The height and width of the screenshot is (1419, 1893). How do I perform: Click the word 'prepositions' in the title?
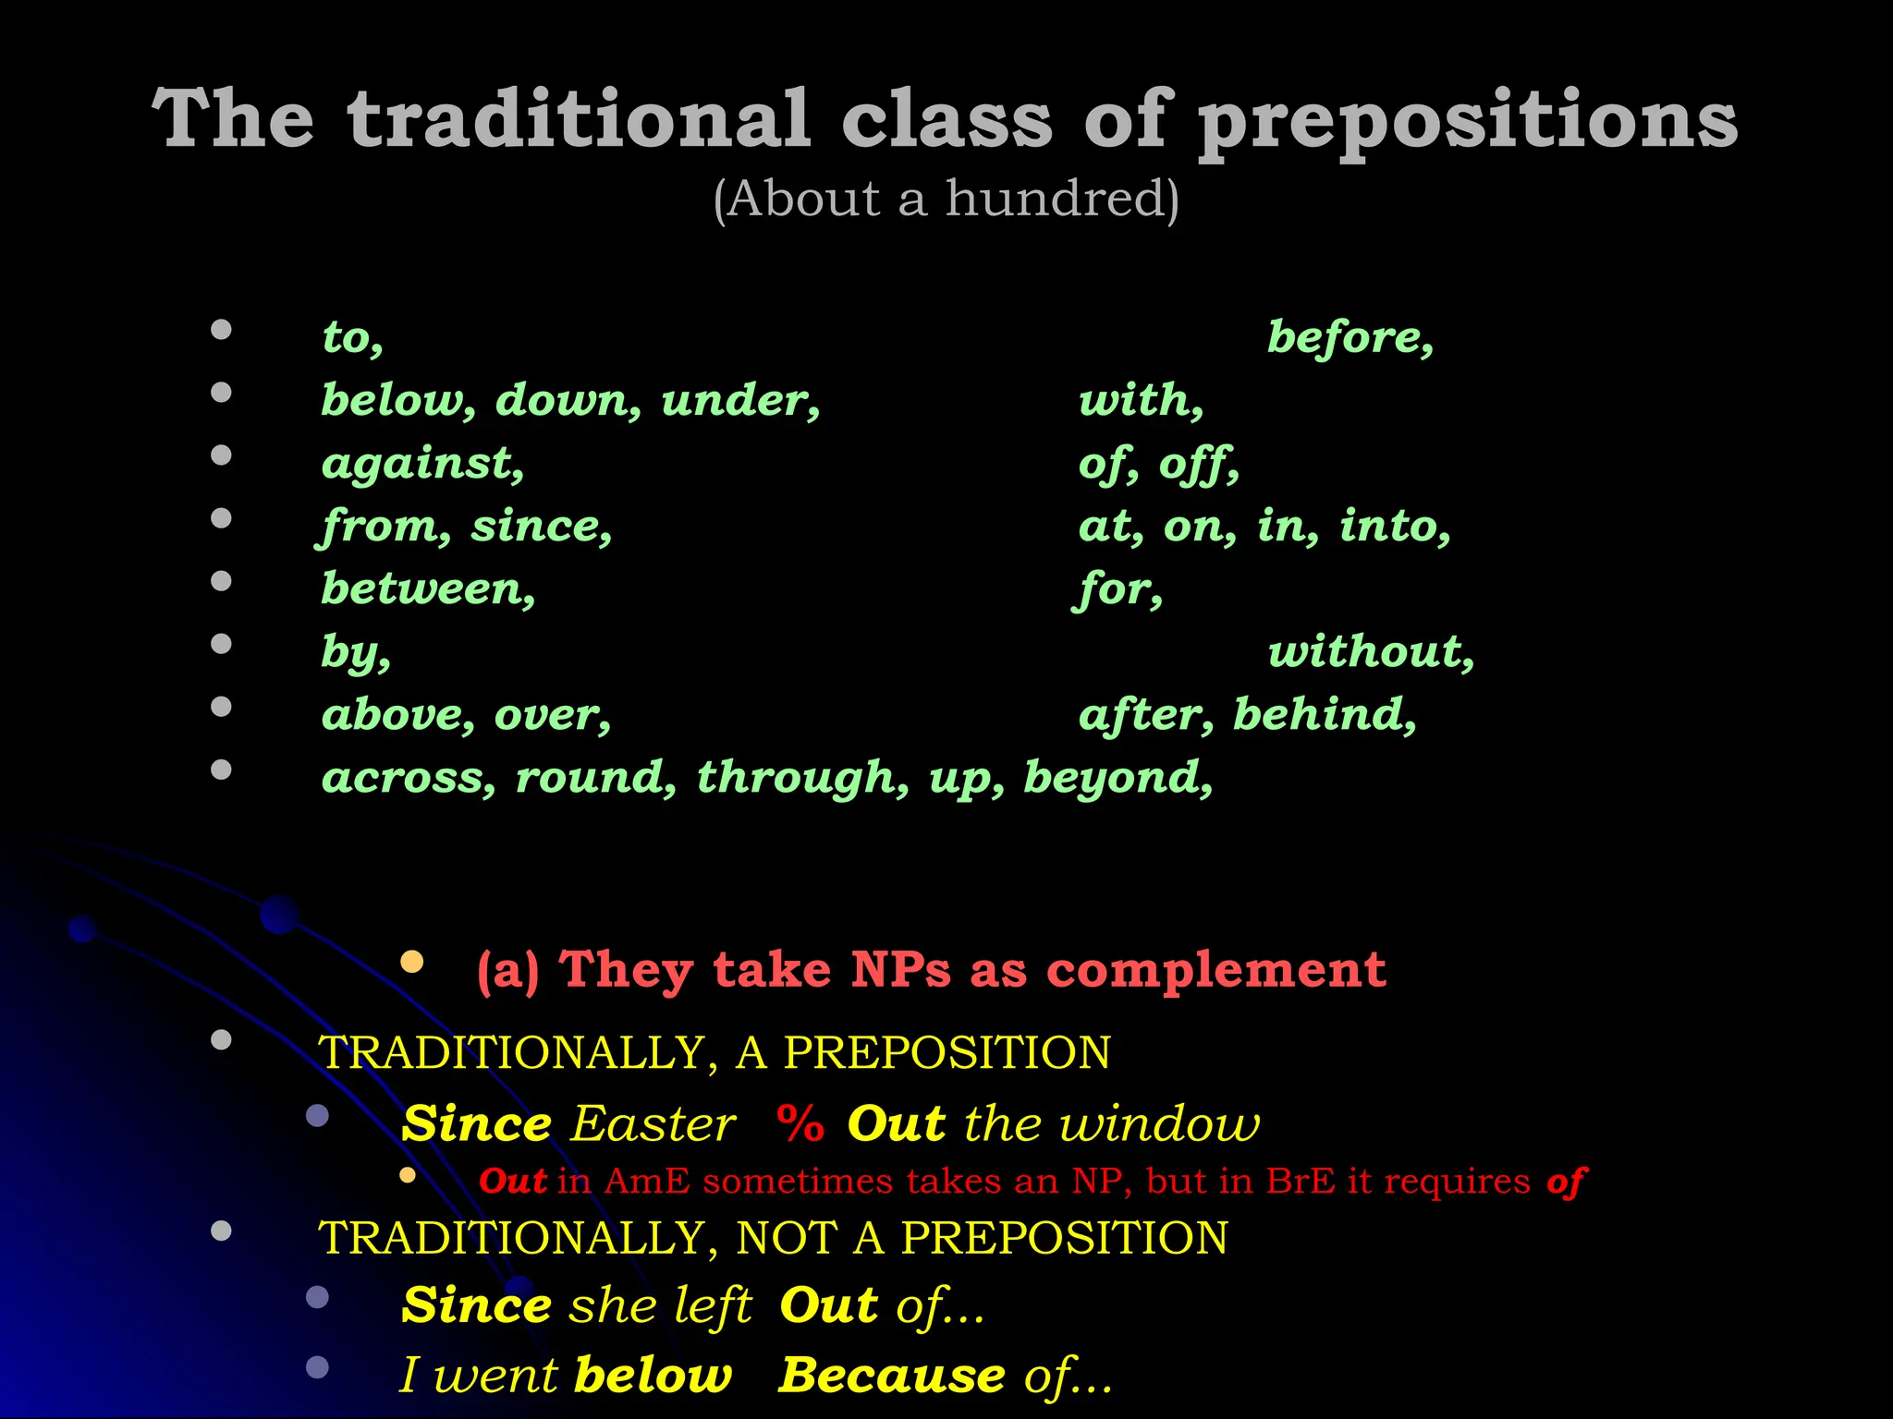click(x=1468, y=120)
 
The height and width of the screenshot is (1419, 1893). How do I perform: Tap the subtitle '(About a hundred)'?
click(x=946, y=199)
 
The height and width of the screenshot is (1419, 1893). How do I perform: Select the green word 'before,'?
click(x=1350, y=337)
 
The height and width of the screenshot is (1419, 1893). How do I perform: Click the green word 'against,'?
click(x=422, y=463)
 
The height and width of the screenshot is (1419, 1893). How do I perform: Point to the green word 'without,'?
click(x=1370, y=651)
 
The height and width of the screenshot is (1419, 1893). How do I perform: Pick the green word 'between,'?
click(x=428, y=588)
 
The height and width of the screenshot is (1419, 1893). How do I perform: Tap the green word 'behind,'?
click(x=1325, y=714)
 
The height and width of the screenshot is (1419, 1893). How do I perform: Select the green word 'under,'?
click(x=740, y=400)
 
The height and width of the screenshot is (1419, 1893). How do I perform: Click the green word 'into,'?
click(x=1395, y=526)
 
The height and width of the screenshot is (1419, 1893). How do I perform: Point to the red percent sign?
click(x=800, y=1124)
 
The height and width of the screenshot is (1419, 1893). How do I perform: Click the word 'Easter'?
click(x=653, y=1124)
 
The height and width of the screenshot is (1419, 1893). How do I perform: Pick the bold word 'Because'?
click(x=891, y=1375)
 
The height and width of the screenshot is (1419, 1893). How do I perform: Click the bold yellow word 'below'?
click(x=653, y=1375)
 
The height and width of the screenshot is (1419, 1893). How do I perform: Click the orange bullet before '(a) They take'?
click(x=412, y=962)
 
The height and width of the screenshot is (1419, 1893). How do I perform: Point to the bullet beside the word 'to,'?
click(x=221, y=330)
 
